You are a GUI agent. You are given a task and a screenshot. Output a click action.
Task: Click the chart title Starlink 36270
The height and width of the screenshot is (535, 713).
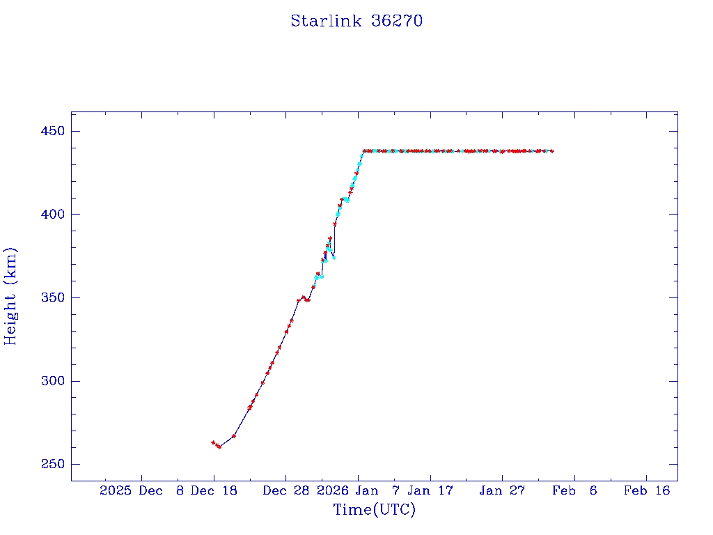tap(356, 21)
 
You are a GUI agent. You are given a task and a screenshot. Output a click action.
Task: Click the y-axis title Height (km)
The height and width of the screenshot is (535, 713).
tap(10, 296)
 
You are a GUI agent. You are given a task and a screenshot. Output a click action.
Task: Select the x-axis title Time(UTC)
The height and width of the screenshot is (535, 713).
tap(374, 510)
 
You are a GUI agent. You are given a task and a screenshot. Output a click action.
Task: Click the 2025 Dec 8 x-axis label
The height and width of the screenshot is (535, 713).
tap(141, 490)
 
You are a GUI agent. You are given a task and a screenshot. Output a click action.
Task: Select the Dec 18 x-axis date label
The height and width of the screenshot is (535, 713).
tap(214, 490)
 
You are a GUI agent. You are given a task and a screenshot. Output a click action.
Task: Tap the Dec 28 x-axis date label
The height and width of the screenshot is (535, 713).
tap(285, 490)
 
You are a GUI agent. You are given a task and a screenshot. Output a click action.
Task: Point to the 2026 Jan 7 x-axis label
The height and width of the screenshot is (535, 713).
tap(358, 490)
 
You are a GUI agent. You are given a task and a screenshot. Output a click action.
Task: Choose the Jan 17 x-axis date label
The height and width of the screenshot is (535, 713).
tap(430, 490)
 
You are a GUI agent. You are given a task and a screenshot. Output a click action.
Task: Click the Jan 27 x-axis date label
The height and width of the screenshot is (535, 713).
tap(502, 490)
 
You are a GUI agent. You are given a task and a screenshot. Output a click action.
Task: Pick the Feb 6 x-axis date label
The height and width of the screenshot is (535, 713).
tap(574, 490)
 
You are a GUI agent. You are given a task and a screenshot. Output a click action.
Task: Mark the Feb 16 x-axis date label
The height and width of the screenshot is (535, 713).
tap(647, 490)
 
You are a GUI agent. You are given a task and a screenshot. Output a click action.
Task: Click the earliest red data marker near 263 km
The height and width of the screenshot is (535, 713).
tap(213, 442)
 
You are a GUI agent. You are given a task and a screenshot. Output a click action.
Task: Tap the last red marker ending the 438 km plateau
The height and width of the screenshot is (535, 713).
tap(552, 151)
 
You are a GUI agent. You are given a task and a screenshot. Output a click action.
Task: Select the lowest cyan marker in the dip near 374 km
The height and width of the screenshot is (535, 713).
tap(334, 258)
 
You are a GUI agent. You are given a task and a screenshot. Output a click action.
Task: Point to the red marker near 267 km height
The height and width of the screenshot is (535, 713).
tap(234, 436)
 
